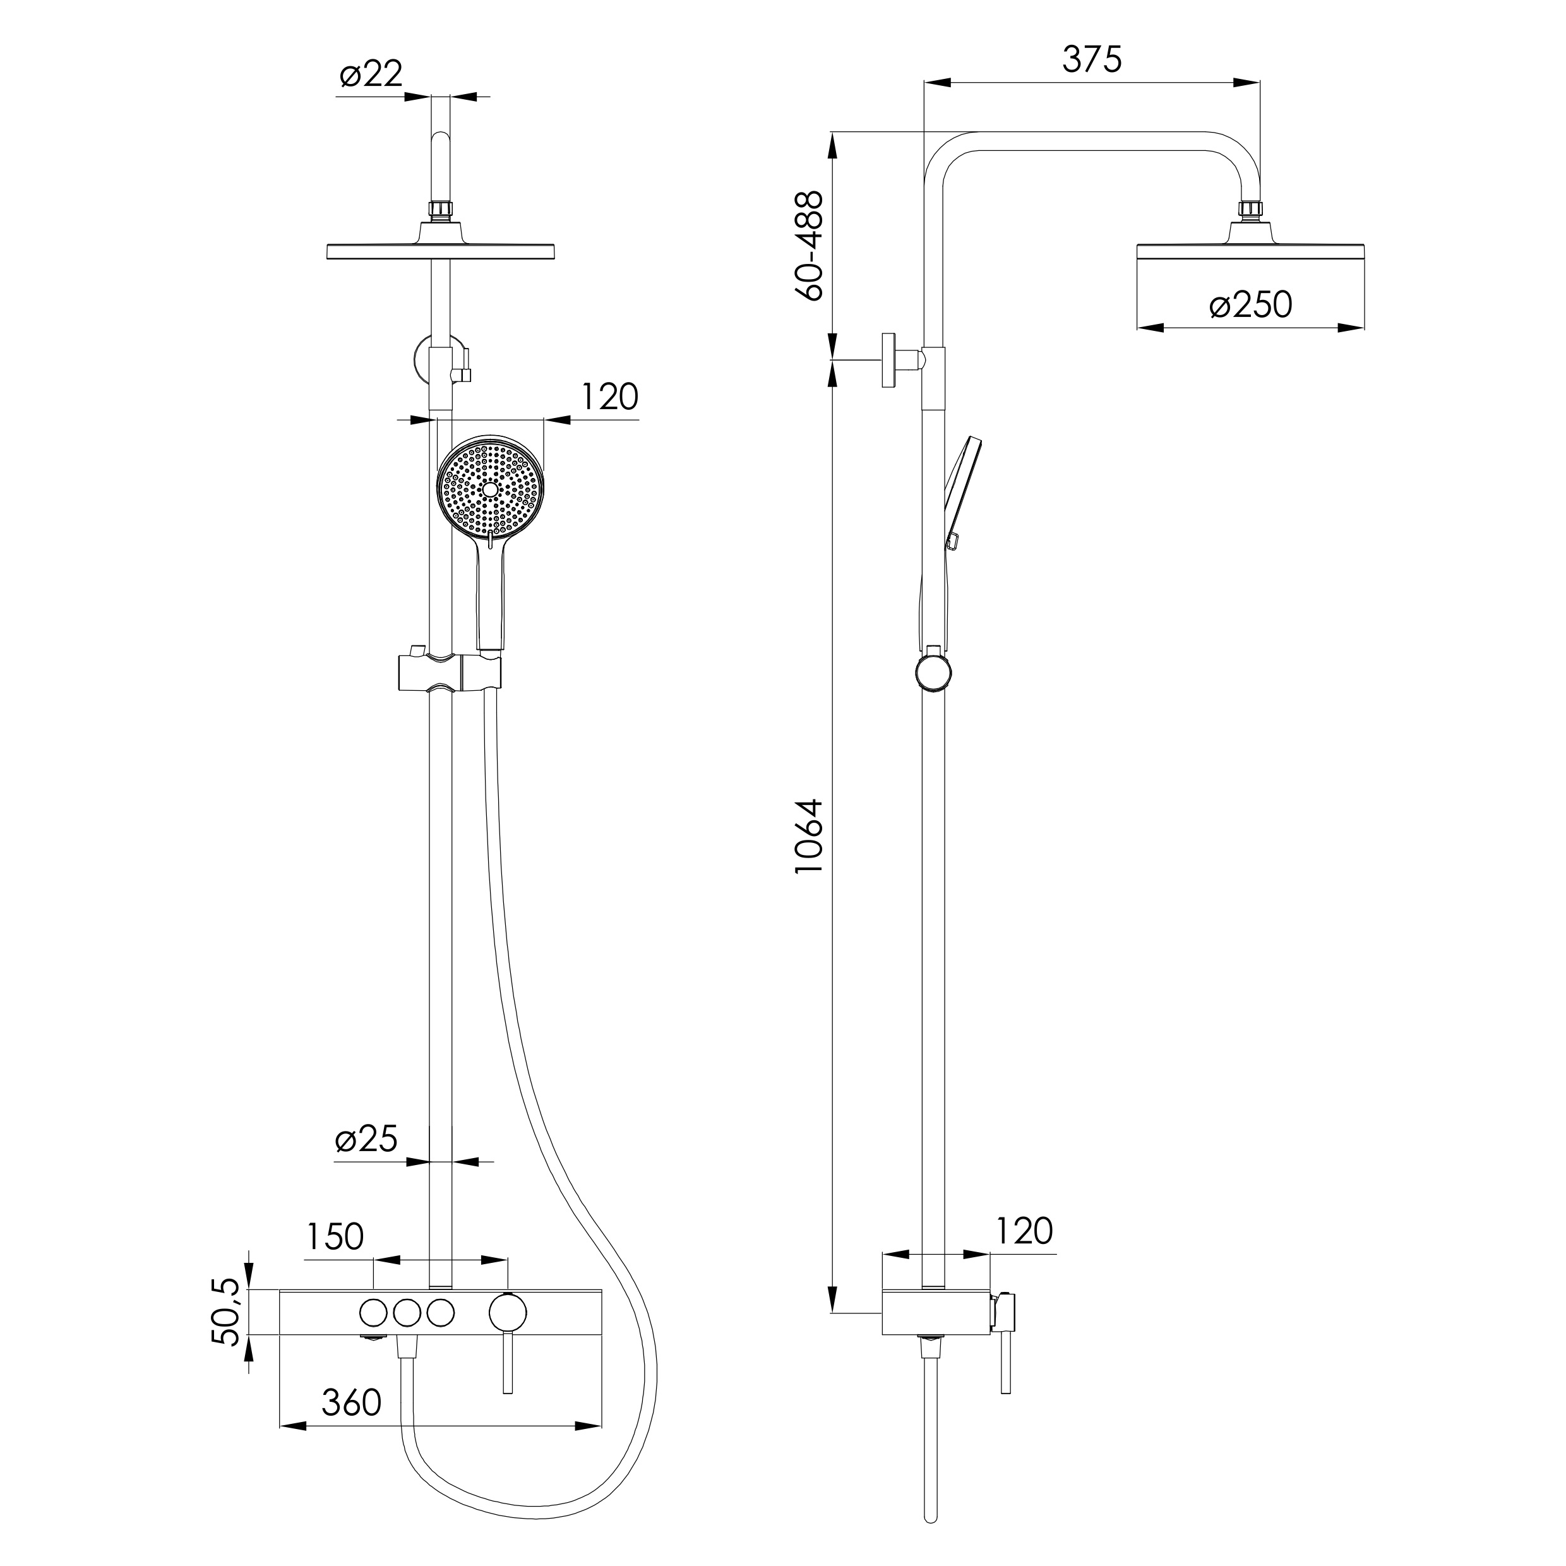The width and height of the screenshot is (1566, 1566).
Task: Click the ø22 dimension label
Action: tap(371, 75)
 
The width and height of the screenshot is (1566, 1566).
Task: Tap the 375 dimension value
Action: tap(1092, 59)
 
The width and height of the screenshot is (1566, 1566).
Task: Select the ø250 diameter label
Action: tap(1251, 305)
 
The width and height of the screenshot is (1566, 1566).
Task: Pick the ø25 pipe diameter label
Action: tap(366, 1140)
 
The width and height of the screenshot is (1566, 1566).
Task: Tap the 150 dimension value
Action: tap(335, 1237)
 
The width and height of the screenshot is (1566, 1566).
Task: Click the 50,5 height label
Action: tap(227, 1312)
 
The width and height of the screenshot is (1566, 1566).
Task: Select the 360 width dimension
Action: tap(351, 1403)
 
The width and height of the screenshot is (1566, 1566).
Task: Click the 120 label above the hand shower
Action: tap(609, 397)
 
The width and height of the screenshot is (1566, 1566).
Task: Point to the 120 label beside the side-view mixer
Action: tap(1024, 1231)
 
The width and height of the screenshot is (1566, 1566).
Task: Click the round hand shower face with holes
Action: tap(491, 489)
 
